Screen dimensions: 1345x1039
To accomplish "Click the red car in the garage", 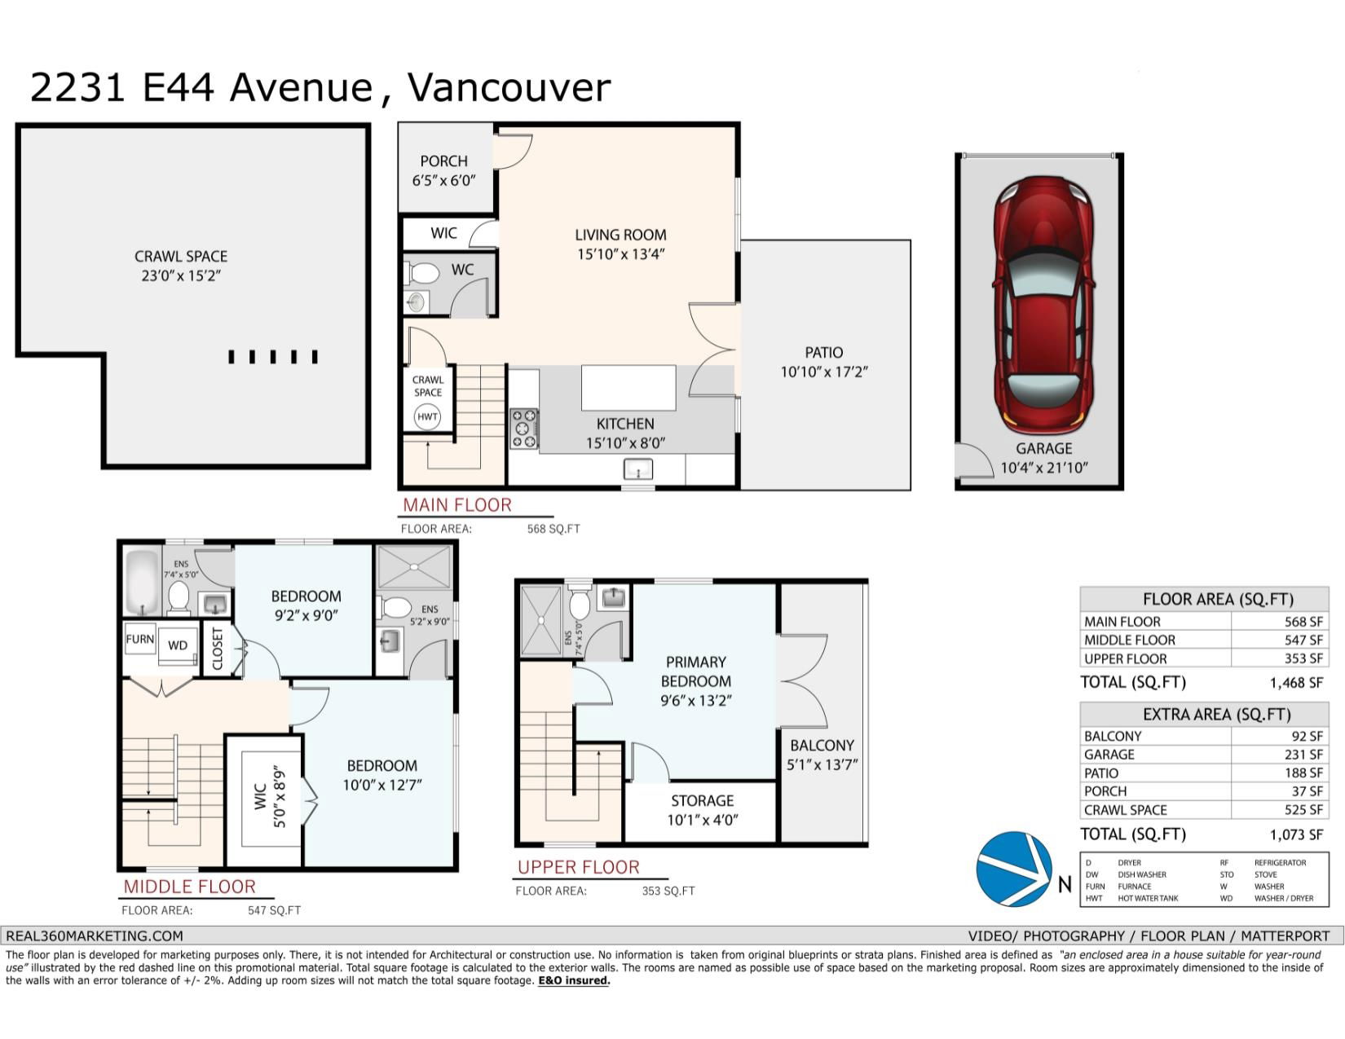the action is (1043, 305).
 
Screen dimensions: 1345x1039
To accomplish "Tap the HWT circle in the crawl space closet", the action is (427, 416).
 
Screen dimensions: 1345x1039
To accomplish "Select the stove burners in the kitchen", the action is (523, 428).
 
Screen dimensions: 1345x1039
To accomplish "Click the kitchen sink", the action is (637, 469).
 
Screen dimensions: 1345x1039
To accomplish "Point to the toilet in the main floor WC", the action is (421, 272).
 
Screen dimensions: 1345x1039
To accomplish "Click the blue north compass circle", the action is (1014, 869).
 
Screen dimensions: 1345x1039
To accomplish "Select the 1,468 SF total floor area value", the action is (1296, 683).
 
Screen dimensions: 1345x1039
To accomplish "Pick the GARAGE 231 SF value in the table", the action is (1303, 755).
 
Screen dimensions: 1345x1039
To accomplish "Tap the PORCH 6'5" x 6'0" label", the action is (443, 171).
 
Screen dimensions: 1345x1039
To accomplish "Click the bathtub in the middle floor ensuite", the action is (143, 583).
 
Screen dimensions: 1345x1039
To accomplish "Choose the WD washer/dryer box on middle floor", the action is (178, 645).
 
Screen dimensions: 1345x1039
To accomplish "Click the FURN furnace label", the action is (140, 639).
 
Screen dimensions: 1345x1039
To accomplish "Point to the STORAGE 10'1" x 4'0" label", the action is (703, 810).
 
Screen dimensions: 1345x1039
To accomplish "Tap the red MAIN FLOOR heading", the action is (457, 505).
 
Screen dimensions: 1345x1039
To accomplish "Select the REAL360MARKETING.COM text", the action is (95, 936).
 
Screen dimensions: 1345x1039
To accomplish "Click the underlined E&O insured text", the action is (574, 980).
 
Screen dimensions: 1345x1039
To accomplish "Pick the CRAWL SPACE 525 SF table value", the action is (1303, 809).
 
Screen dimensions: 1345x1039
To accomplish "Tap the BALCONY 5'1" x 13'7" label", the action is (822, 755).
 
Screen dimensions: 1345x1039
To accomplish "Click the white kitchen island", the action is (628, 387).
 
